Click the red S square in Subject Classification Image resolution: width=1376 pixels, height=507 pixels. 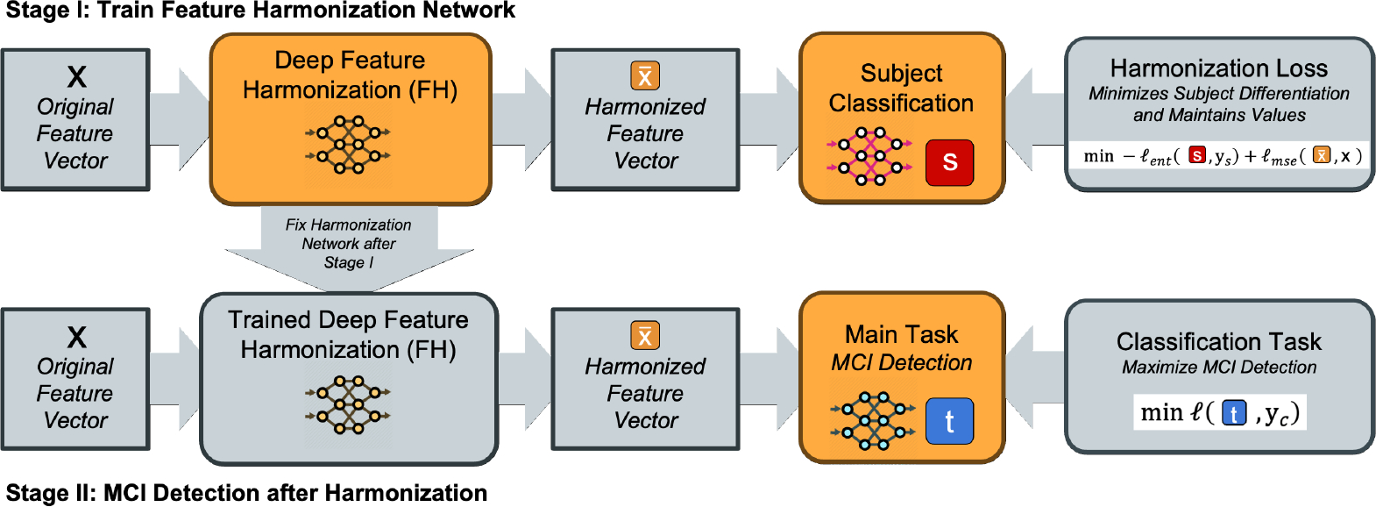tap(949, 162)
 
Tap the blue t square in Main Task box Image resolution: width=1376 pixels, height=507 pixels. tap(949, 421)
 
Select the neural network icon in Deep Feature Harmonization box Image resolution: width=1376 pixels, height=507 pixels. tap(348, 146)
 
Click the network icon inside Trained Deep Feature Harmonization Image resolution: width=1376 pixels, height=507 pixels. tap(348, 405)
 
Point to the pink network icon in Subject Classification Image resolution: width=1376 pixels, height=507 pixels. tap(869, 156)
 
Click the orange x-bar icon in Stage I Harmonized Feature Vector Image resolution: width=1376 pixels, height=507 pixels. tap(645, 76)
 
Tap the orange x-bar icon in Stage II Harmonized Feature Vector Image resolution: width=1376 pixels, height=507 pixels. tap(645, 336)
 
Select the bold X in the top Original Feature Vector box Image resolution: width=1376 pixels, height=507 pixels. tap(77, 77)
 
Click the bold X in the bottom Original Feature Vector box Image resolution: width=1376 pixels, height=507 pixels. tap(77, 337)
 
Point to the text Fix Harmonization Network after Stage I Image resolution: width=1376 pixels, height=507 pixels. tap(349, 244)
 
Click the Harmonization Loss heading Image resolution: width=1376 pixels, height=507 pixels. tap(1218, 68)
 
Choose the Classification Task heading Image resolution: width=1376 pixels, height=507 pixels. tap(1218, 341)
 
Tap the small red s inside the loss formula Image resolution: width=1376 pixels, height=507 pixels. tap(1197, 156)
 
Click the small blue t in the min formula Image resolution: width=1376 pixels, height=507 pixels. tap(1234, 413)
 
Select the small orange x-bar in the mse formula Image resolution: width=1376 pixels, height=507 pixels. tap(1322, 156)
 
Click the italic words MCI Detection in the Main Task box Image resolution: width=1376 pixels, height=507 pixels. tap(902, 362)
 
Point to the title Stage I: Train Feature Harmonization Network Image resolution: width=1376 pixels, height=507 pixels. tap(260, 11)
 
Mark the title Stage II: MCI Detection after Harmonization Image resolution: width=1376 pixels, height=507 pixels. tap(246, 493)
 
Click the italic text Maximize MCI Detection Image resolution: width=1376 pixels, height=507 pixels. tap(1218, 368)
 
